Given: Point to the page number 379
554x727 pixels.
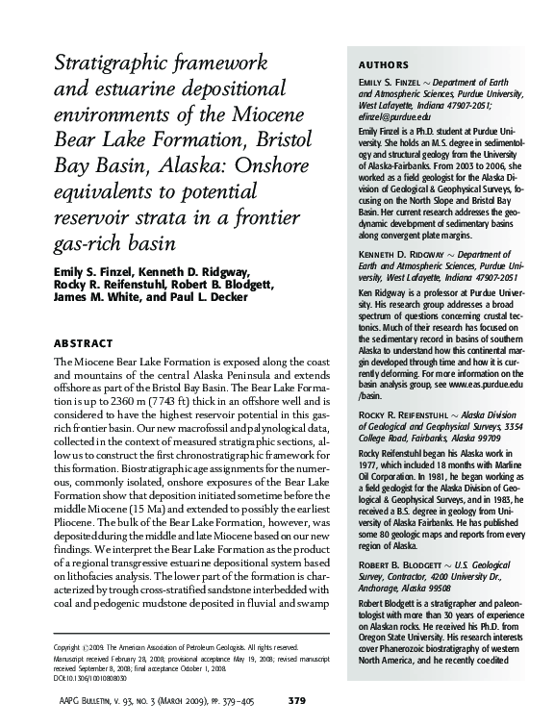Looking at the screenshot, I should [297, 699].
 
